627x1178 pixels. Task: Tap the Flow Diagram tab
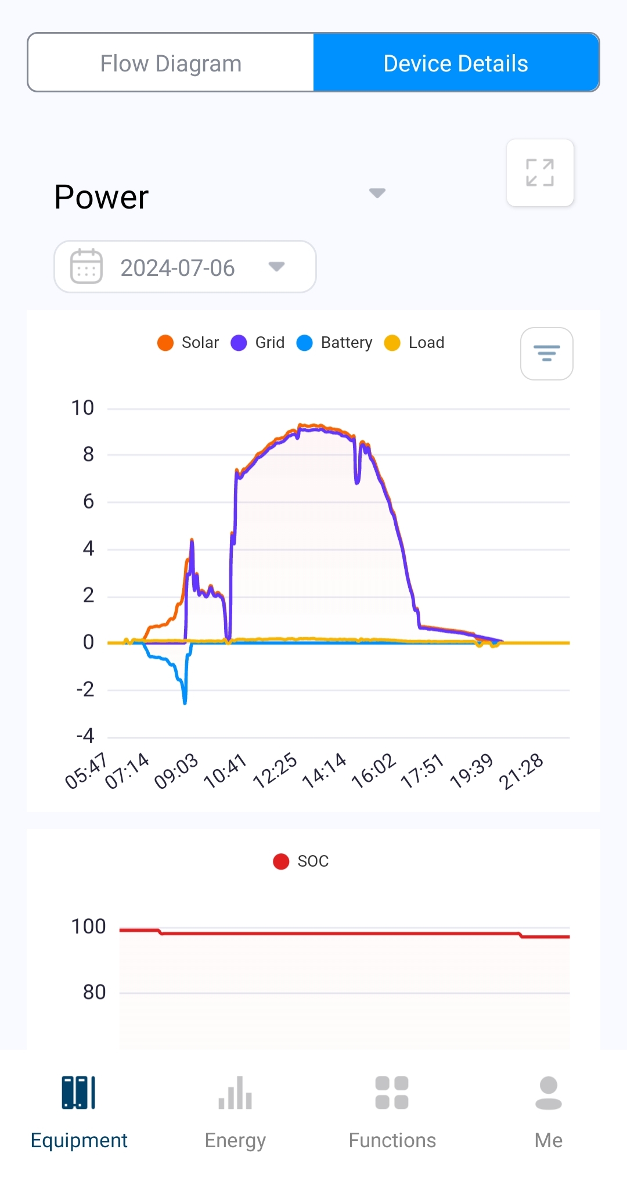171,63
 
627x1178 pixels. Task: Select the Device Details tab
456,63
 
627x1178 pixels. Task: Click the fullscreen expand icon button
540,173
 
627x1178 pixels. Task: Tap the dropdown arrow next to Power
377,193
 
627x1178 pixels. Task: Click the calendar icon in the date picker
87,267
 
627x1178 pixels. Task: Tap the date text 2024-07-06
178,268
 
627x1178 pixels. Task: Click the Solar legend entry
189,343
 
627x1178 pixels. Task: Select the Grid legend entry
258,343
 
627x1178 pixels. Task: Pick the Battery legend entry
335,343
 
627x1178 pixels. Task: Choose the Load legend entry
415,343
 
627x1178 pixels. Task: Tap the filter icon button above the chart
547,354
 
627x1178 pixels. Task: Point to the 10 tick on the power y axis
82,408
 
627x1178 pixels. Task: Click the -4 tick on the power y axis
85,736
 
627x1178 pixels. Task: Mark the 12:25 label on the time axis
275,771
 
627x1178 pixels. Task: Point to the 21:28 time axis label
521,771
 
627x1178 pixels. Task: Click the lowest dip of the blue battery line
185,702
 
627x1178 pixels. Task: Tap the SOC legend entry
301,861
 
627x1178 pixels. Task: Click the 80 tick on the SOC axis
94,992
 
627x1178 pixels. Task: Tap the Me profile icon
549,1093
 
